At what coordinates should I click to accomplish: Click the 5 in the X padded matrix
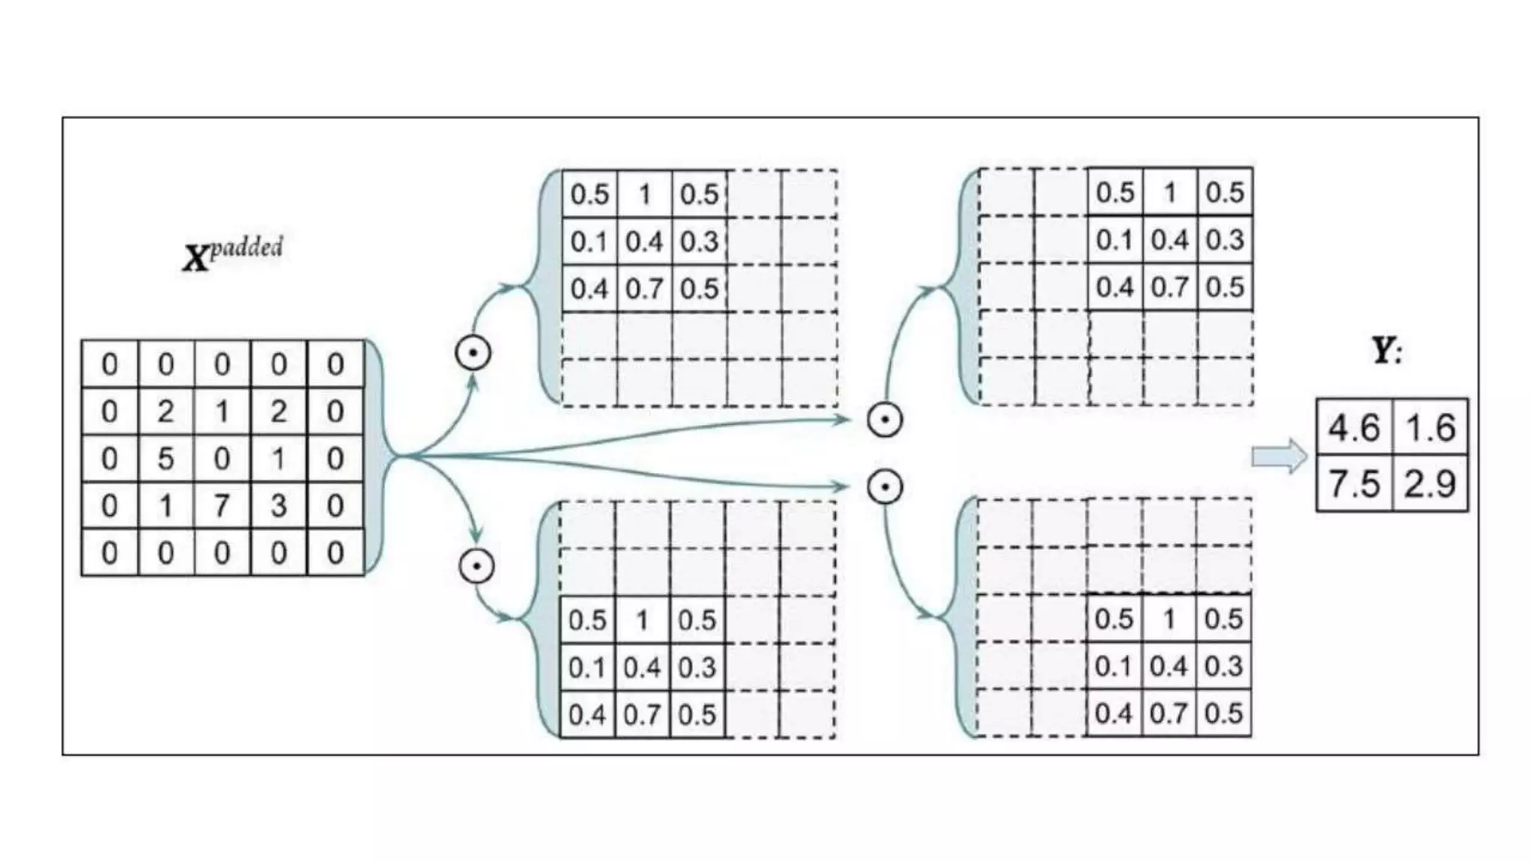click(x=165, y=458)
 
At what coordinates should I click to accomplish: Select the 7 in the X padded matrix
click(x=221, y=506)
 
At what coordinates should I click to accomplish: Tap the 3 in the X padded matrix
click(x=278, y=506)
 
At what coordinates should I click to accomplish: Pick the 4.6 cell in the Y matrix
click(x=1353, y=428)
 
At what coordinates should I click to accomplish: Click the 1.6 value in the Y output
click(x=1430, y=428)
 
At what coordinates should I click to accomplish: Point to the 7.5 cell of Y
click(x=1353, y=483)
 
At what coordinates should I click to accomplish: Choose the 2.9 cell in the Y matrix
click(x=1430, y=483)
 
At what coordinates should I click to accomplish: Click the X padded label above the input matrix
click(x=233, y=254)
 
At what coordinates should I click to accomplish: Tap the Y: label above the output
click(x=1386, y=350)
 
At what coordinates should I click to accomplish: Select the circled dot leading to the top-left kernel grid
click(x=473, y=353)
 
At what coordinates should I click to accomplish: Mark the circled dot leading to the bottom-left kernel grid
click(x=477, y=566)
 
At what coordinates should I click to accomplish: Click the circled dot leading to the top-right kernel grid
click(x=885, y=420)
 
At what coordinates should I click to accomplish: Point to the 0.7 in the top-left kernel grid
click(x=644, y=289)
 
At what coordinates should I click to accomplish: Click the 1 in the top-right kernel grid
click(x=1170, y=193)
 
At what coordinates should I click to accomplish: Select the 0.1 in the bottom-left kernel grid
click(x=587, y=667)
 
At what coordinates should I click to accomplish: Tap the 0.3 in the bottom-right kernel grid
click(x=1224, y=666)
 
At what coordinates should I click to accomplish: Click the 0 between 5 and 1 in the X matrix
click(x=221, y=458)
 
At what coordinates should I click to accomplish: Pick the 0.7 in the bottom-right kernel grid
click(x=1168, y=713)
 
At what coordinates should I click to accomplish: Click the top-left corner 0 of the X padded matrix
click(x=109, y=364)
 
